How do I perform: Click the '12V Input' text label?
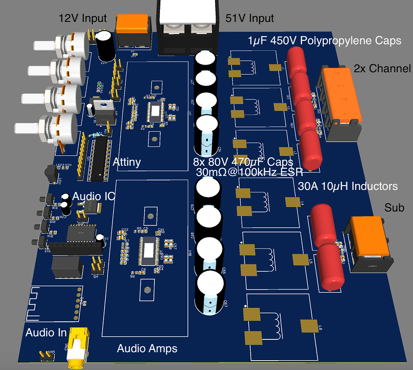point(82,18)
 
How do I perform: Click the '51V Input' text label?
point(249,18)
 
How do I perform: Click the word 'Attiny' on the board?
point(127,162)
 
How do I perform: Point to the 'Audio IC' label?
point(94,196)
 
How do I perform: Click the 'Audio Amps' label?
point(147,349)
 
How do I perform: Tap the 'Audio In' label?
point(46,333)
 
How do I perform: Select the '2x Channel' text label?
point(382,69)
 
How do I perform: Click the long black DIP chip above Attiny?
point(99,158)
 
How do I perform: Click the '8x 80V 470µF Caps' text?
point(243,162)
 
